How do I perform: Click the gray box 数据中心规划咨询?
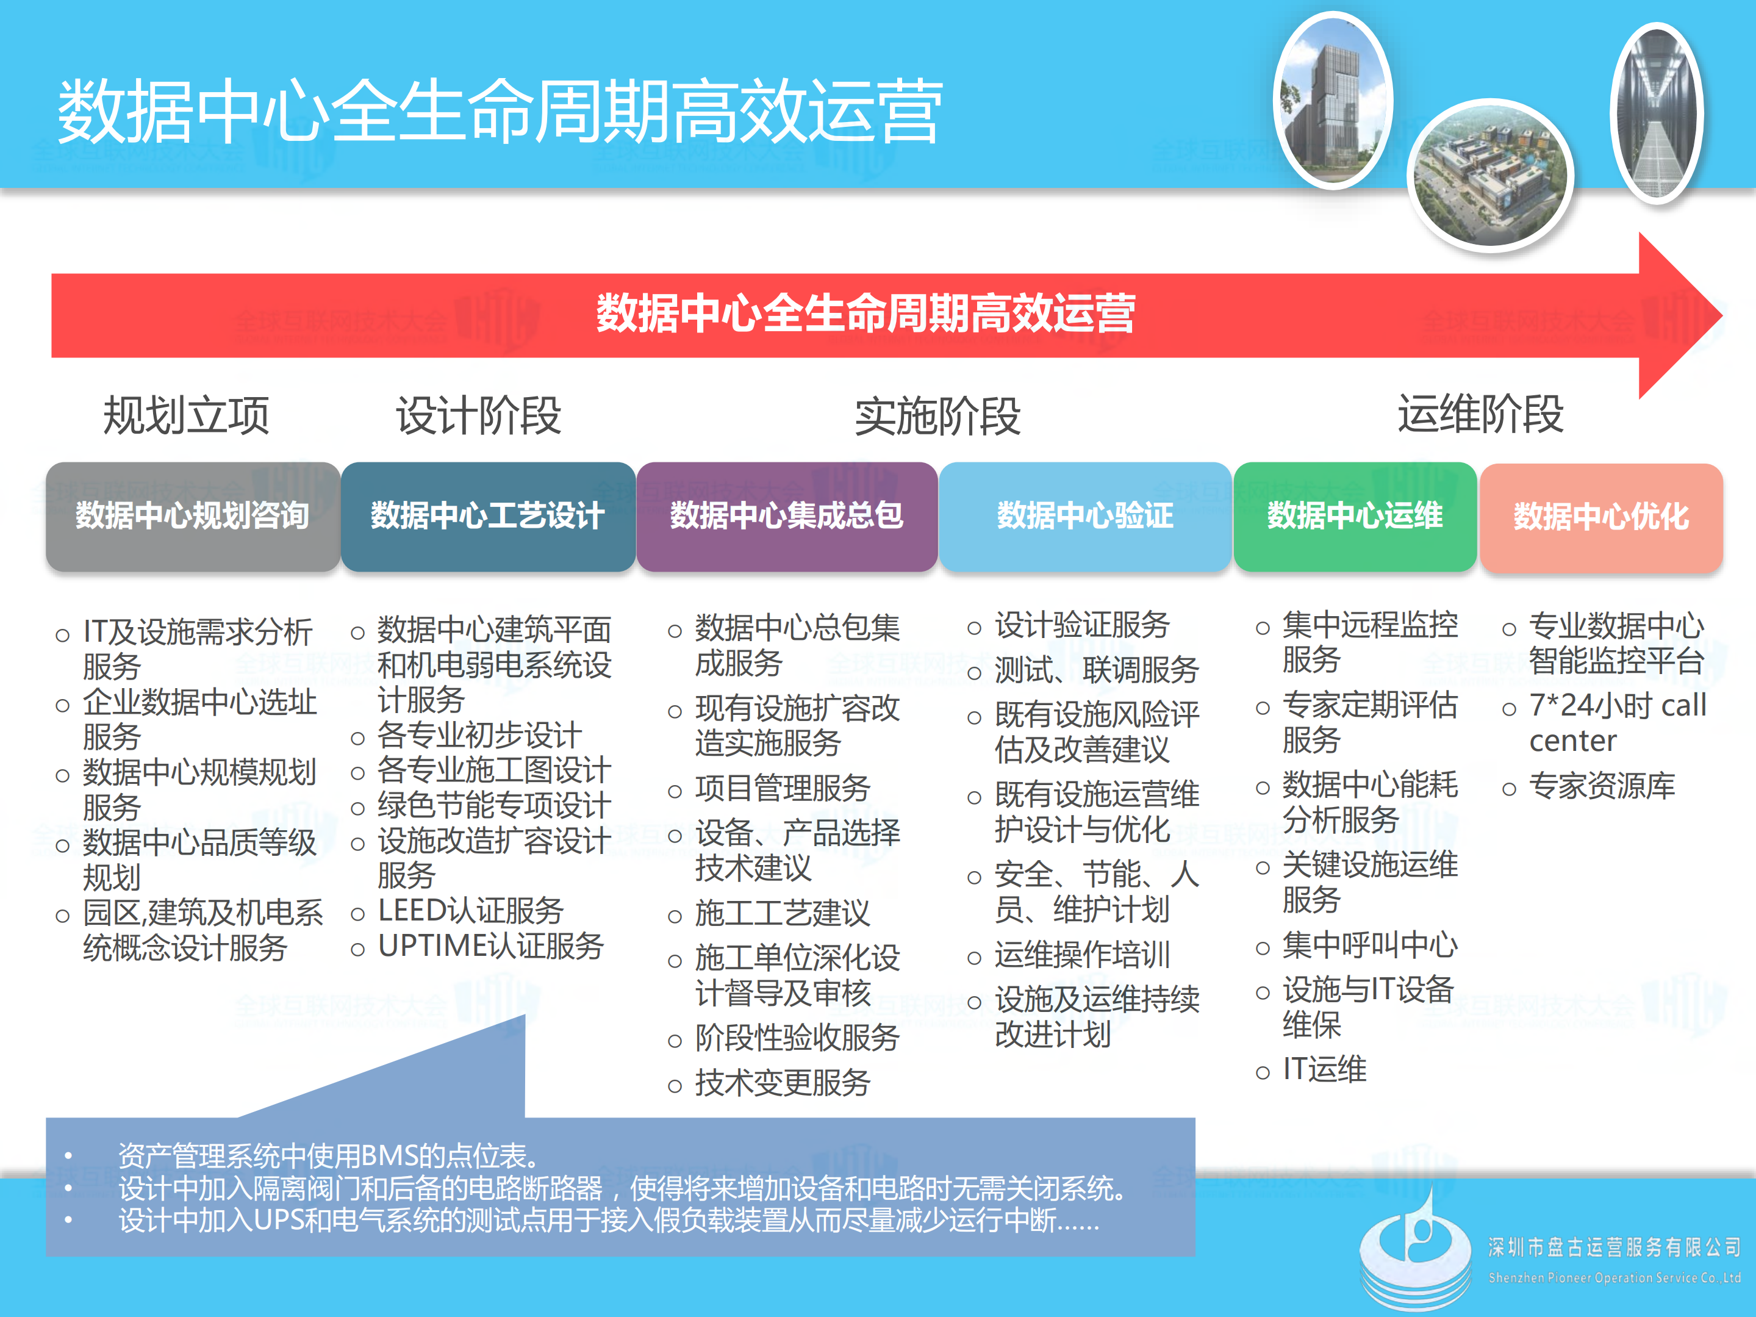192,516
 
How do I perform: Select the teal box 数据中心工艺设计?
487,516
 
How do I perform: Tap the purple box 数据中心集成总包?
787,516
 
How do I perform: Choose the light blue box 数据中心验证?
1084,516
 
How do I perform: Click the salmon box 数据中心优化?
1600,517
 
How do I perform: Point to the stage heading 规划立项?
187,415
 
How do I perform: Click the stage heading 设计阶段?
479,415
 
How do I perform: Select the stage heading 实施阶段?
937,416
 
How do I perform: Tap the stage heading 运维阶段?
1480,414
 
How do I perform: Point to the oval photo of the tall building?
1333,100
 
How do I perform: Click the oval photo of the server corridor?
1657,113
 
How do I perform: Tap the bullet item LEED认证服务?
470,911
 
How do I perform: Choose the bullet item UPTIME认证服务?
490,946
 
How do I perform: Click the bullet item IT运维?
1324,1069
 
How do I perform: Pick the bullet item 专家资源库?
1601,785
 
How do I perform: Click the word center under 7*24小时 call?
1572,741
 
